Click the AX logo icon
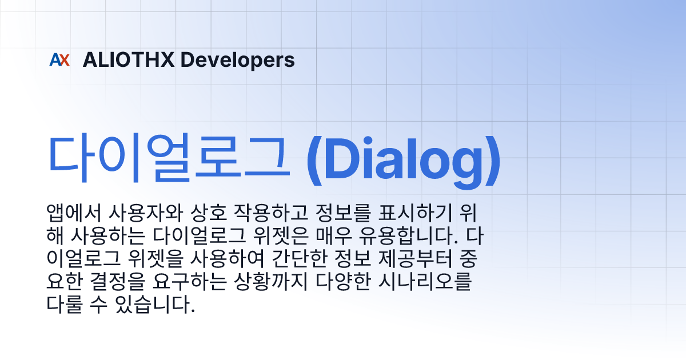59,60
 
